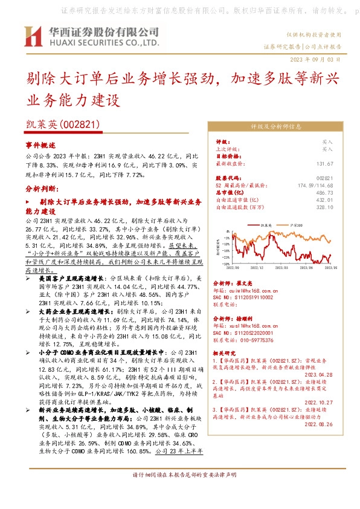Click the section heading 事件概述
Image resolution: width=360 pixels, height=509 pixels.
[x=40, y=146]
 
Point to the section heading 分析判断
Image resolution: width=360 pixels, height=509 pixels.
[x=42, y=188]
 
